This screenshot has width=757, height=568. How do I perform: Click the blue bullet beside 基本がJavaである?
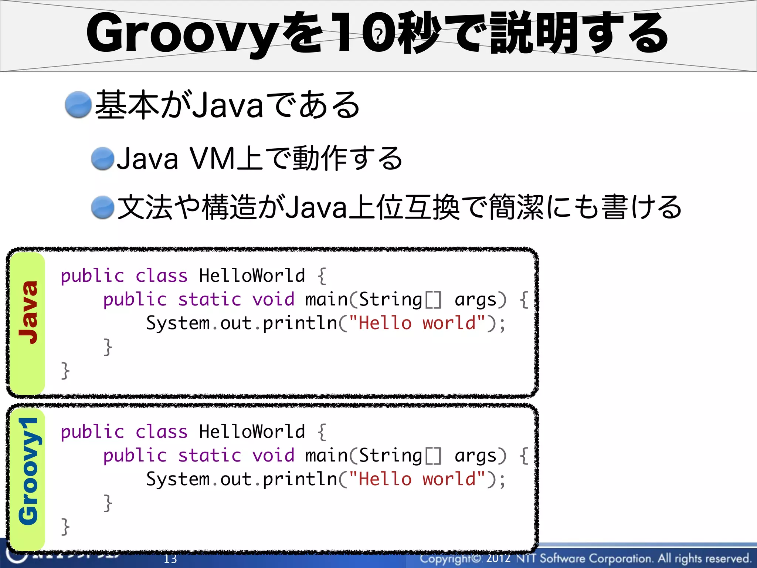78,105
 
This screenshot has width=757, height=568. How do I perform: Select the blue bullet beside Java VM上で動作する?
103,159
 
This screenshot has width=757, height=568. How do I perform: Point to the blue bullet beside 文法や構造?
103,207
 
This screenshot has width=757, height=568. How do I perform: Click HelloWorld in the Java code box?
252,275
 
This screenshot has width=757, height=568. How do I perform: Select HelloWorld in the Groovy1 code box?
252,432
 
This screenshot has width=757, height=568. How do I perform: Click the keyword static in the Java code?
210,299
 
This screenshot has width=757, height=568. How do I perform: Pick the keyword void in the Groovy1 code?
273,455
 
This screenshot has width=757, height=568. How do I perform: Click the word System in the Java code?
178,323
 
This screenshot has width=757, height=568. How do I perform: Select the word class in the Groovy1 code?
162,432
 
